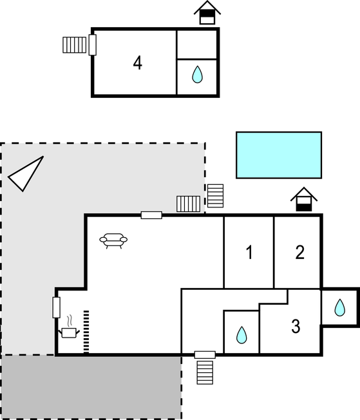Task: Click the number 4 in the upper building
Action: point(137,63)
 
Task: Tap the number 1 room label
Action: point(249,253)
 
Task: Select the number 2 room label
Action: point(299,253)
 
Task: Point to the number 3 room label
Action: point(296,326)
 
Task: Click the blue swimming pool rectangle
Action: point(279,155)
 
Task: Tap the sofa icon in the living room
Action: point(113,240)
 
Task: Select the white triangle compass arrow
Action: point(26,173)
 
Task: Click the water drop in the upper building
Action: point(198,75)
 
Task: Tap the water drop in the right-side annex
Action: point(340,307)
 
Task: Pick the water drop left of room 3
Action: point(242,335)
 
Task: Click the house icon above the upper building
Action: point(207,13)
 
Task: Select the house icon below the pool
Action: point(304,199)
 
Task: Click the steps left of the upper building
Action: point(75,44)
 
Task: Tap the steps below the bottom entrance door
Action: point(205,372)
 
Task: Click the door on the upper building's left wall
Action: point(92,44)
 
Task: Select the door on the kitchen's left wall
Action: point(56,307)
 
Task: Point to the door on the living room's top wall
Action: point(151,215)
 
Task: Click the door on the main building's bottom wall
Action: point(205,355)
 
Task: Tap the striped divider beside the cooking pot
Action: point(86,332)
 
